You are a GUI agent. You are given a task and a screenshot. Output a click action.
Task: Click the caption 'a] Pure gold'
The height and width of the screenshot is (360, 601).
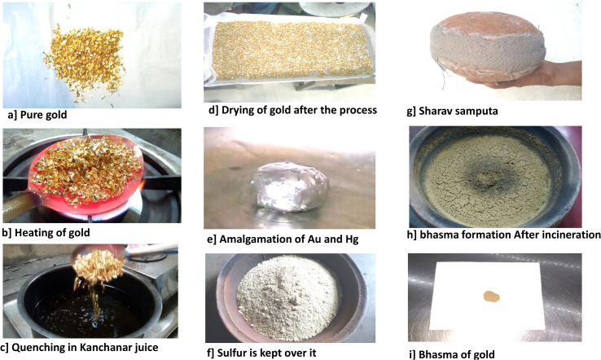37,115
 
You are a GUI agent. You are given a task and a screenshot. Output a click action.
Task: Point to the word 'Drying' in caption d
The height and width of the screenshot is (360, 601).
239,111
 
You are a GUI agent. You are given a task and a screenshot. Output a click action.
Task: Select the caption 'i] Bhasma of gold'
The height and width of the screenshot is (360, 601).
452,354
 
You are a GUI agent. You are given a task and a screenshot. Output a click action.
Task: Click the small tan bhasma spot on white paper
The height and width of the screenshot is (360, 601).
491,296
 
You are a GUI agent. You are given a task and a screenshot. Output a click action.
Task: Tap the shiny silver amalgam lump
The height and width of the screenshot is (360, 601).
290,186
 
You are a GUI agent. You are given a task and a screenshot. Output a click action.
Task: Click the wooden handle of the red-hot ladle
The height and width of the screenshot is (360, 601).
17,205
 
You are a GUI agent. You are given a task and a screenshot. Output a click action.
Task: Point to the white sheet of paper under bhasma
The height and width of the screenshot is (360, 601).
486,295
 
